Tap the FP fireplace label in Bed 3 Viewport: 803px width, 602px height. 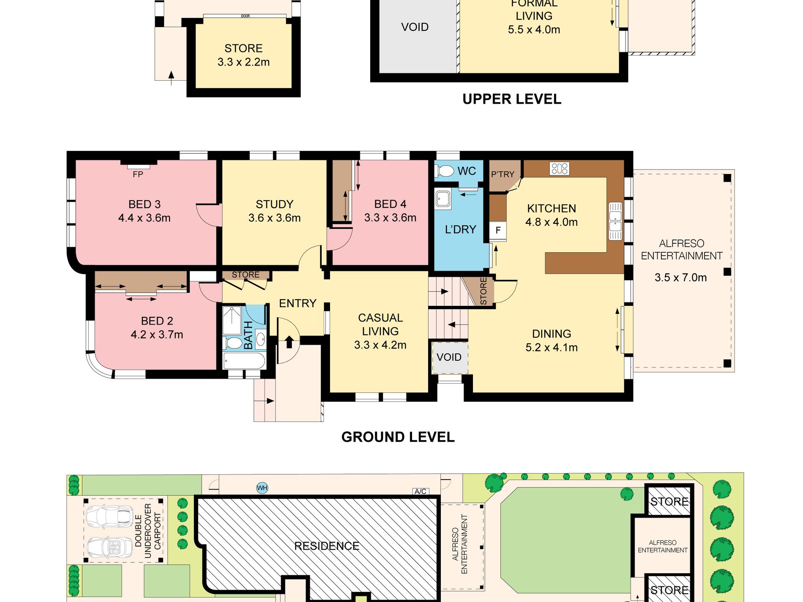pos(138,174)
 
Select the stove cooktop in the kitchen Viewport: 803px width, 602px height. pos(559,169)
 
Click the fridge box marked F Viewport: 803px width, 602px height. pos(498,230)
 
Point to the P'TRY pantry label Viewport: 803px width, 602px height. pos(503,174)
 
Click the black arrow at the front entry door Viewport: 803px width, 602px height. pos(289,341)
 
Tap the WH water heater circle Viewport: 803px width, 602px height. pos(262,488)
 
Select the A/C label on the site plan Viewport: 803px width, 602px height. pos(421,491)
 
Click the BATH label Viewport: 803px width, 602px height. pos(249,335)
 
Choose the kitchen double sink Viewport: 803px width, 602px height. pos(615,221)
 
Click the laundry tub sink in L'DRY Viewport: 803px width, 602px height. pos(443,199)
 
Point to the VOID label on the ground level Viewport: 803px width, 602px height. pos(449,357)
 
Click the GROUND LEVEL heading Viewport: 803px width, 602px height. pos(398,437)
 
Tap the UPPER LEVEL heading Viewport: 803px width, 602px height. pos(512,99)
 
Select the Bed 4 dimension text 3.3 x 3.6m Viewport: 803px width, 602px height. pos(390,218)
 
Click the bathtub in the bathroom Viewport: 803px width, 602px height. pos(244,362)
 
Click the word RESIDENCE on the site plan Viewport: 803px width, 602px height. pos(327,546)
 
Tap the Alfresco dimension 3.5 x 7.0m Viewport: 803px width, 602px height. pos(680,278)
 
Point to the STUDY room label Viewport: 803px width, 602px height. pos(274,204)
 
